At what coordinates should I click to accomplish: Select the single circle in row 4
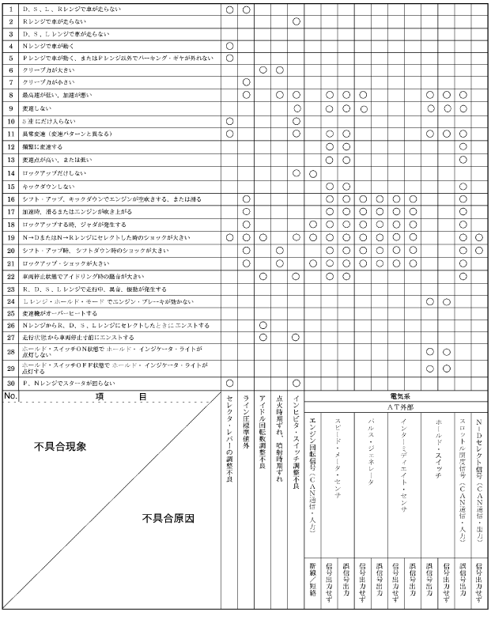[229, 47]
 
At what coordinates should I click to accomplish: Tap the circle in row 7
[246, 82]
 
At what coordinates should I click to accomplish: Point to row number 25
[12, 312]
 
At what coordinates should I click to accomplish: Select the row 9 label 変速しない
[39, 108]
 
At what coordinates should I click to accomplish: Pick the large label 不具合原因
[168, 519]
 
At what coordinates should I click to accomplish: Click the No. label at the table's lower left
[11, 394]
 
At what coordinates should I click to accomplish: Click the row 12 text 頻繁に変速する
[43, 147]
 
